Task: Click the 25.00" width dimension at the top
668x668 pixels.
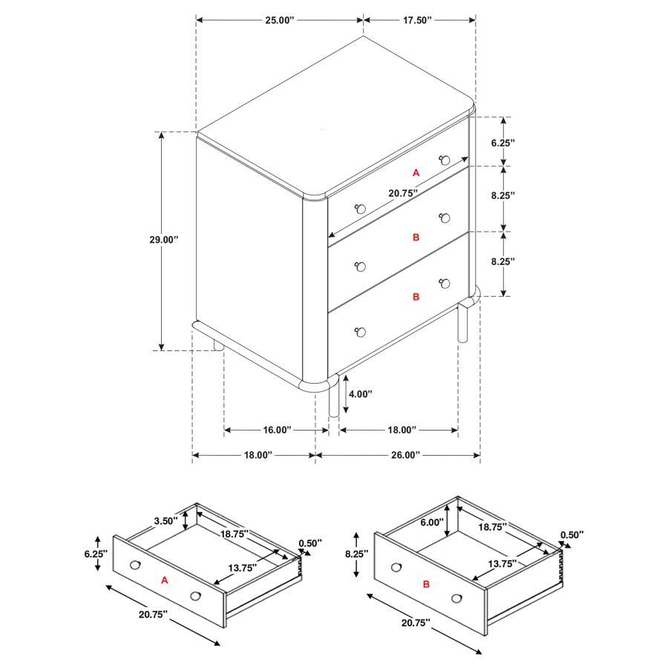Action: [279, 21]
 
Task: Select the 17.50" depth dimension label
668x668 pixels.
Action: [418, 21]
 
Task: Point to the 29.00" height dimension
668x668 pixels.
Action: [163, 240]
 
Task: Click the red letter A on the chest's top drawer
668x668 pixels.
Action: [416, 172]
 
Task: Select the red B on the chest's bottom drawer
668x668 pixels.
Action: [416, 296]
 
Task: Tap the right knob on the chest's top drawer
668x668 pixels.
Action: [445, 159]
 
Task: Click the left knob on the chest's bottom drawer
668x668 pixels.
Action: [361, 332]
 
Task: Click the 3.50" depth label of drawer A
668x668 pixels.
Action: [166, 521]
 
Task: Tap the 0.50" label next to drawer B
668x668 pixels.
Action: [572, 534]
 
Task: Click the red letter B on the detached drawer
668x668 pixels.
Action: [427, 584]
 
